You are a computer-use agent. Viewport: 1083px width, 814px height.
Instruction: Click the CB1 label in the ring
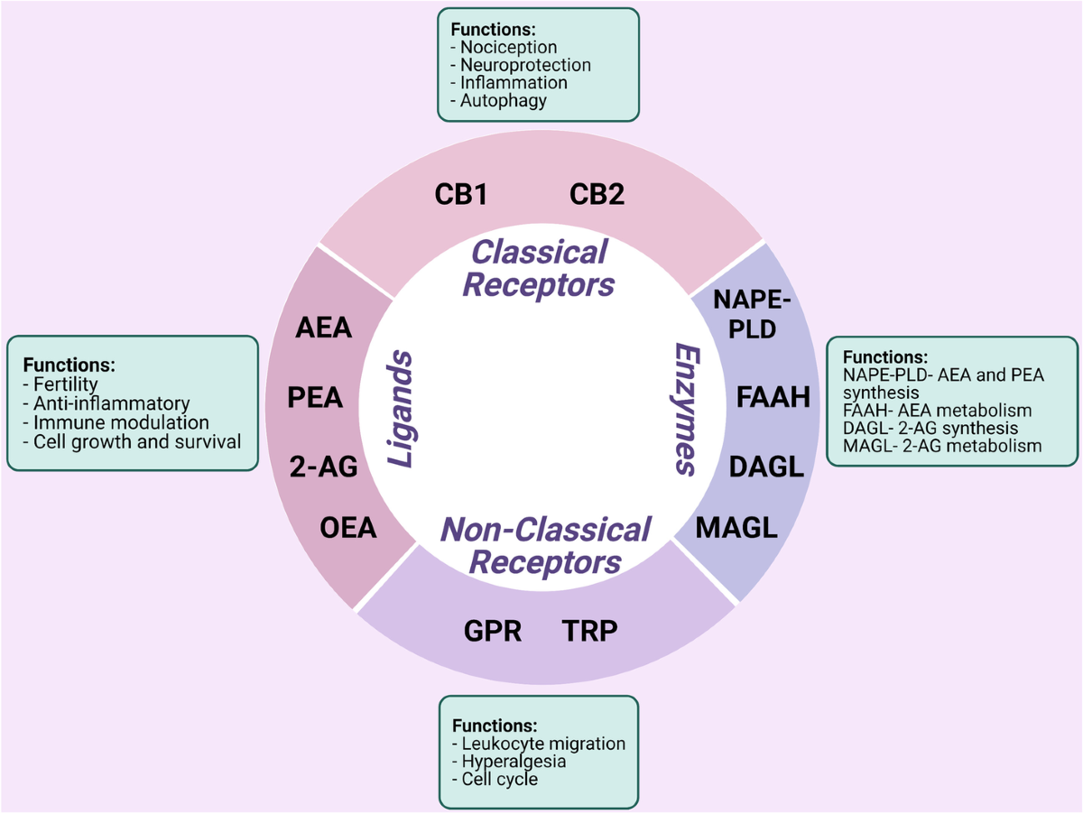pyautogui.click(x=460, y=194)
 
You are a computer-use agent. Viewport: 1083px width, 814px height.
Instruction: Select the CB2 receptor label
pyautogui.click(x=597, y=194)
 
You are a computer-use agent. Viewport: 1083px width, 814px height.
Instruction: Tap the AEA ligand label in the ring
pyautogui.click(x=323, y=328)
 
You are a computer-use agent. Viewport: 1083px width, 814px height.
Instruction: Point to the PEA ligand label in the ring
pyautogui.click(x=315, y=397)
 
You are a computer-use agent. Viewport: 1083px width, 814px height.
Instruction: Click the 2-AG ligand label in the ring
pyautogui.click(x=323, y=467)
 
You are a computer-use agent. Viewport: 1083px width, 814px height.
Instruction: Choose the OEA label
pyautogui.click(x=347, y=528)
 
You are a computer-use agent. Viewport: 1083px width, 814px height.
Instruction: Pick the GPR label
pyautogui.click(x=493, y=631)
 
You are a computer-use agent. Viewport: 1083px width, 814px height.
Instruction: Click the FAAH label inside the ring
pyautogui.click(x=773, y=397)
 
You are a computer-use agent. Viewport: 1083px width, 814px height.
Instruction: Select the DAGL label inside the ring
pyautogui.click(x=766, y=467)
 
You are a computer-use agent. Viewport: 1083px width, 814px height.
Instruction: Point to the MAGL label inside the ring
pyautogui.click(x=736, y=528)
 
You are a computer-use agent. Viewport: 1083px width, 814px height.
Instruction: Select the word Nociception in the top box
pyautogui.click(x=507, y=47)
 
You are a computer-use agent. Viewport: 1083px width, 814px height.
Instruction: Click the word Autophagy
pyautogui.click(x=503, y=100)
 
